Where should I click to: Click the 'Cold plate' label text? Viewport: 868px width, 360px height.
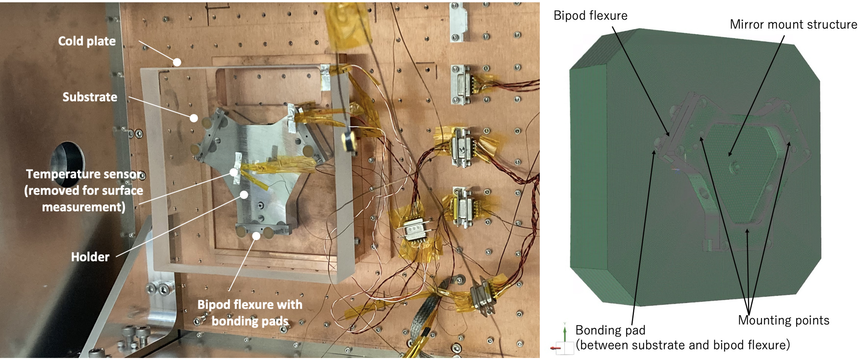click(x=87, y=41)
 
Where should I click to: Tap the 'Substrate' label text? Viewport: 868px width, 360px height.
click(x=90, y=97)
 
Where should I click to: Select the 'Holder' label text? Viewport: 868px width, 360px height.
click(x=90, y=257)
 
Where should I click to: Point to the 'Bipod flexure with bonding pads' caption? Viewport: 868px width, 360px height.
click(x=250, y=312)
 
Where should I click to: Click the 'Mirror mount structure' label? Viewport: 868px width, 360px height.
click(x=793, y=24)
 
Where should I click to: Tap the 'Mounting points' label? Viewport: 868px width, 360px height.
click(x=783, y=320)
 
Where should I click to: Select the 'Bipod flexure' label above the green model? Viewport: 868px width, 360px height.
click(x=590, y=15)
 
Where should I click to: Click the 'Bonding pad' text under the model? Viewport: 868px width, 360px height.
click(x=610, y=330)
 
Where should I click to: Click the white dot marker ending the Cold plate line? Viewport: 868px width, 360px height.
click(x=177, y=62)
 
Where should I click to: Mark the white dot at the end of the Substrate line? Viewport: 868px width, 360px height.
click(x=193, y=118)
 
